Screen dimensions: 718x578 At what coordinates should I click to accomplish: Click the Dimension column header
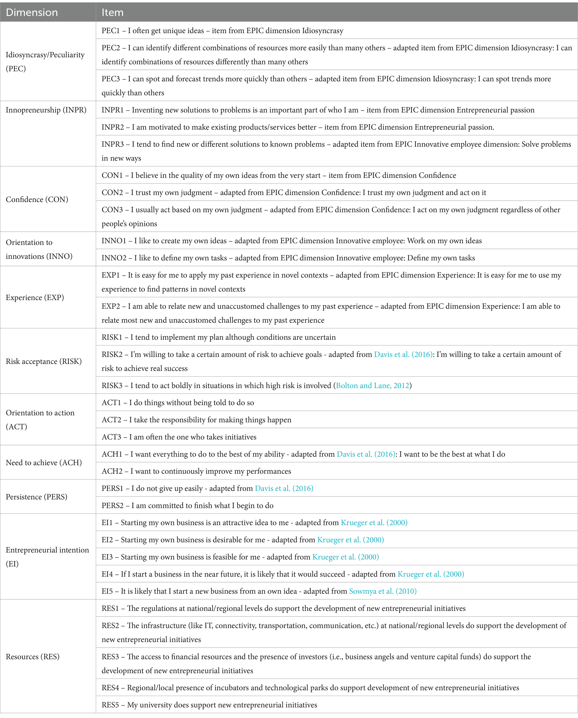click(32, 12)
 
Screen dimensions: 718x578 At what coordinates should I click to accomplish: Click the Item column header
click(112, 12)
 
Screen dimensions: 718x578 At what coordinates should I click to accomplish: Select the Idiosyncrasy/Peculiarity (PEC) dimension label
click(45, 62)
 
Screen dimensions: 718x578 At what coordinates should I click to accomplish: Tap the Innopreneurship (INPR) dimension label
click(46, 110)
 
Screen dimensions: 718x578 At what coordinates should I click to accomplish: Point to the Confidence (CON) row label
click(37, 199)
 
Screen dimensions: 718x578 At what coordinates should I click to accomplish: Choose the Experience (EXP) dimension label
click(35, 297)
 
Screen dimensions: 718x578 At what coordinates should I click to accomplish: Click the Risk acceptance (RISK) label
click(44, 361)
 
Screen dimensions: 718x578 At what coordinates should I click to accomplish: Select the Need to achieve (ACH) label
click(44, 463)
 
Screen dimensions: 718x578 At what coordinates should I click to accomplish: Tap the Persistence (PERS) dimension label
click(37, 497)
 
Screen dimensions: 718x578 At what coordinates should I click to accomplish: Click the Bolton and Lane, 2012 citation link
click(373, 386)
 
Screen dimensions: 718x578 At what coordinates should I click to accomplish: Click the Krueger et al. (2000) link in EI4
click(431, 574)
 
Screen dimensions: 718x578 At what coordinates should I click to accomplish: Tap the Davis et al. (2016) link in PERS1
click(284, 489)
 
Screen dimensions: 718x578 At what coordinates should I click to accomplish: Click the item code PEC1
click(111, 31)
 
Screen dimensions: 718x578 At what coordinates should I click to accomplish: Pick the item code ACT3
click(111, 437)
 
